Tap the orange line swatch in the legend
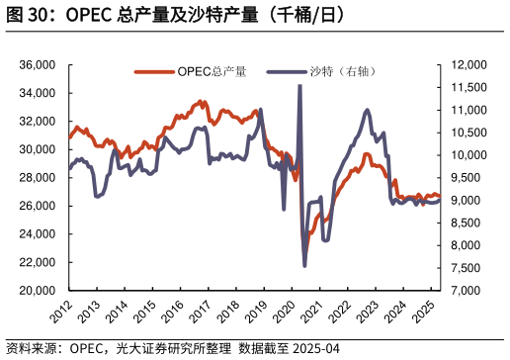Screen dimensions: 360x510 tap(154, 72)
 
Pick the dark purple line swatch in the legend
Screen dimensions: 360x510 tap(287, 72)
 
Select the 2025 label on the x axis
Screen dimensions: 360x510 tap(423, 313)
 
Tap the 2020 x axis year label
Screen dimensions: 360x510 tap(284, 313)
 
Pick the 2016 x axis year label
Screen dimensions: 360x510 tap(173, 313)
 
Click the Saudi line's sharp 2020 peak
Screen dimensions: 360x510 tap(299, 86)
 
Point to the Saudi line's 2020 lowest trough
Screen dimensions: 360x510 tap(304, 265)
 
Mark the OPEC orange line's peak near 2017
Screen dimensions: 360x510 tap(203, 101)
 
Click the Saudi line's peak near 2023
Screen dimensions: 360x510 tap(368, 110)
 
